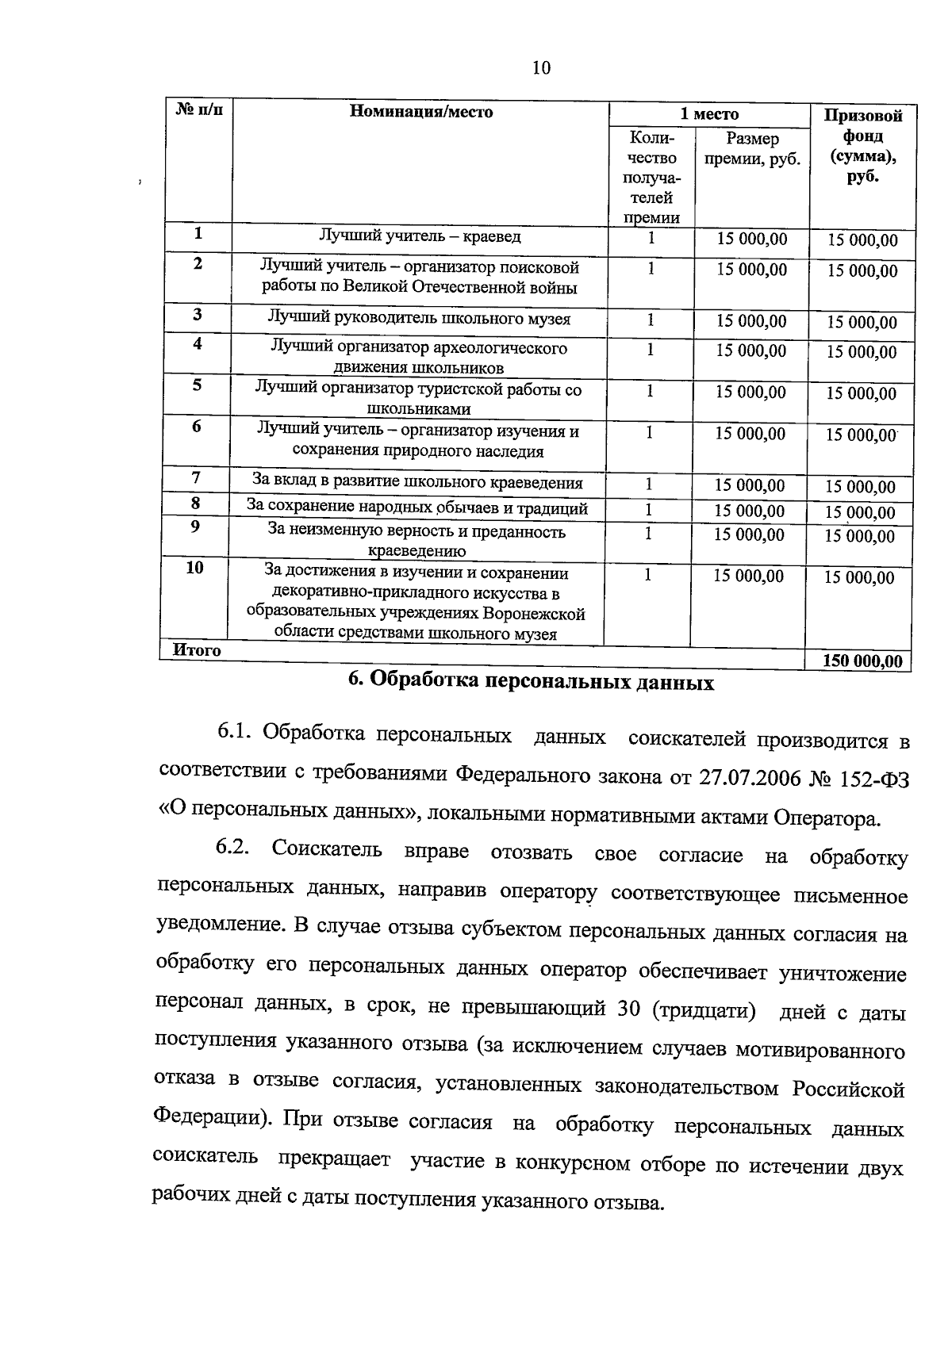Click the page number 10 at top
point(541,68)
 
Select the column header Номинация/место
point(421,112)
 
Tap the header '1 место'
point(709,114)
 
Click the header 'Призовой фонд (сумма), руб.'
point(862,146)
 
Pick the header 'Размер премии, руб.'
point(752,149)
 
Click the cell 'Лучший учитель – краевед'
point(420,236)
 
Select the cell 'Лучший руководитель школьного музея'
point(419,319)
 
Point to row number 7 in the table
point(196,478)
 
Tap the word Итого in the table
point(197,650)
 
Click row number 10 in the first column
point(194,568)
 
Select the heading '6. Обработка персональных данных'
point(532,682)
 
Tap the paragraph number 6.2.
point(232,848)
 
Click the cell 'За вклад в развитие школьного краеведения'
point(417,482)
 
